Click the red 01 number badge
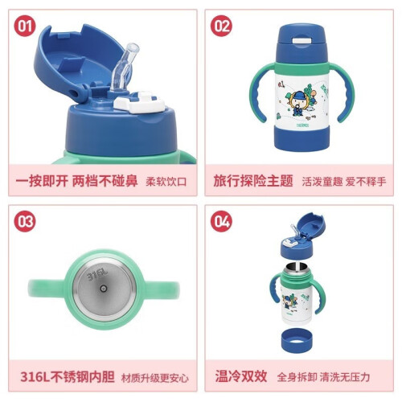[25, 26]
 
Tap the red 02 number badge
[221, 26]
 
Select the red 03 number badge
[25, 221]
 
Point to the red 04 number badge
[221, 221]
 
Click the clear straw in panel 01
[125, 67]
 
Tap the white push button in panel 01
[139, 102]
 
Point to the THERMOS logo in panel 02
[302, 125]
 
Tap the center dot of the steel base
[104, 289]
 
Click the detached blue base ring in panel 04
[297, 340]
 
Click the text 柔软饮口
[166, 182]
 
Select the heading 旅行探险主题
[253, 181]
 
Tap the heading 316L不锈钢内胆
[68, 377]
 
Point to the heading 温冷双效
[241, 376]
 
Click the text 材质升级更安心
[155, 378]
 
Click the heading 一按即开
[42, 181]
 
